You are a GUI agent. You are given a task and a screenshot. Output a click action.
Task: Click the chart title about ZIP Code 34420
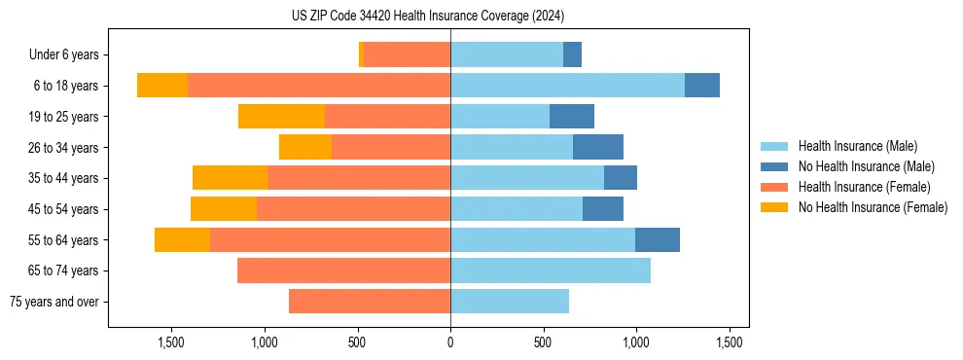pyautogui.click(x=428, y=17)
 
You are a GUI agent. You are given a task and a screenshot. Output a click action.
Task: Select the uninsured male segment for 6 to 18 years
pyautogui.click(x=702, y=86)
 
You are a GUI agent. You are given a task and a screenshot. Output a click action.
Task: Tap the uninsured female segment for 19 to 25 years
pyautogui.click(x=281, y=117)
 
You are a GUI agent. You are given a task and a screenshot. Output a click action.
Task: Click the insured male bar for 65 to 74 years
pyautogui.click(x=551, y=270)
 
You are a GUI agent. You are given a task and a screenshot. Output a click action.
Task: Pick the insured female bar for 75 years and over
pyautogui.click(x=370, y=302)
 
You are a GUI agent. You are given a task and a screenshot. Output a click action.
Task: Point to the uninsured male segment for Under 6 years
pyautogui.click(x=573, y=54)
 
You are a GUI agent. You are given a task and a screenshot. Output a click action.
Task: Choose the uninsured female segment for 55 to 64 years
pyautogui.click(x=182, y=239)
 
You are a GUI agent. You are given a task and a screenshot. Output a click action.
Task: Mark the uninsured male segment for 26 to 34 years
pyautogui.click(x=598, y=147)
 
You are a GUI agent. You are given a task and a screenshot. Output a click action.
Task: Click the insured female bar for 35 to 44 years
pyautogui.click(x=359, y=178)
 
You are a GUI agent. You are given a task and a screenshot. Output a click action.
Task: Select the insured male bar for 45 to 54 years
pyautogui.click(x=517, y=209)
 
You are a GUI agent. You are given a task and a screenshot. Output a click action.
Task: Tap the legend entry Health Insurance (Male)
pyautogui.click(x=857, y=147)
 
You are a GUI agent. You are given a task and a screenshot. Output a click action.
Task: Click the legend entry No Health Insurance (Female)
pyautogui.click(x=873, y=207)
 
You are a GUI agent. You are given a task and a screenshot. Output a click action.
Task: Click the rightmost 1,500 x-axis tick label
pyautogui.click(x=730, y=342)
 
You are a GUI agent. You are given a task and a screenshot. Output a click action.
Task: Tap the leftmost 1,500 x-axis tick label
pyautogui.click(x=171, y=342)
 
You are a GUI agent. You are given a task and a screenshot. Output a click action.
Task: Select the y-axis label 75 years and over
pyautogui.click(x=53, y=302)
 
